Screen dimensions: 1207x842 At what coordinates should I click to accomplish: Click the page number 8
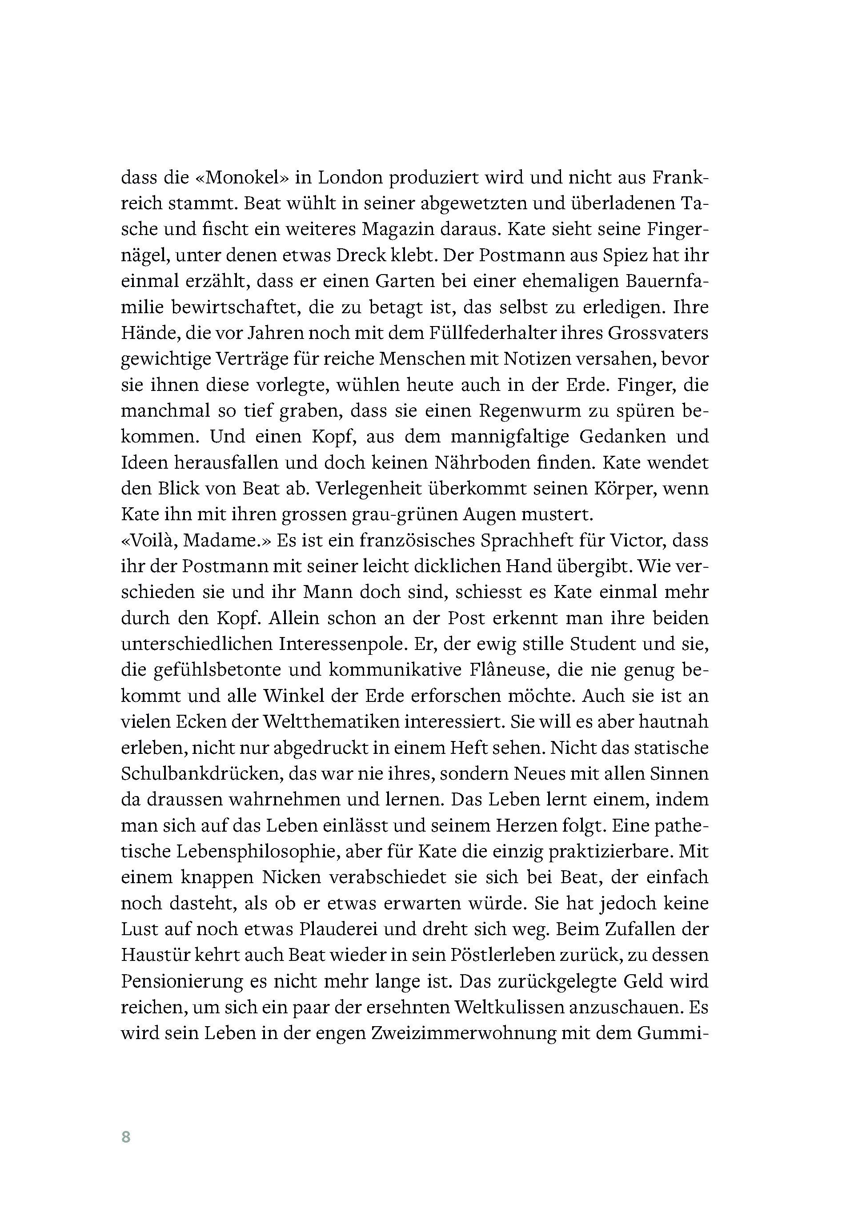point(126,1137)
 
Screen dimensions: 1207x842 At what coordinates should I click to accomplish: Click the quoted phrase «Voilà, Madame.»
point(195,540)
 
